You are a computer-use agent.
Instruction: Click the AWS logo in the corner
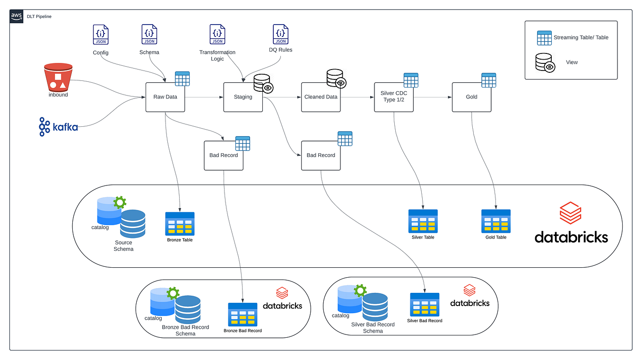(17, 16)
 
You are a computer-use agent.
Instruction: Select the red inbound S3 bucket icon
(58, 78)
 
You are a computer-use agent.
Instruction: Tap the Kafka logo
(58, 127)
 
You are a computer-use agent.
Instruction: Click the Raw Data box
(165, 97)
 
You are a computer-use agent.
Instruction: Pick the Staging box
(243, 97)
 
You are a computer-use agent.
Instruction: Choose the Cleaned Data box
(321, 97)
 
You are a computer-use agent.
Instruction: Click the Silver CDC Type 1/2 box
(393, 97)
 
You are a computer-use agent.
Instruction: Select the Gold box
(471, 97)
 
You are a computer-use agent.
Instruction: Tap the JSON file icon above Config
(101, 35)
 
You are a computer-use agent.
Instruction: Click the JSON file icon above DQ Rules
(280, 35)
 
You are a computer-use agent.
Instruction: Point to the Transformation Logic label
(217, 55)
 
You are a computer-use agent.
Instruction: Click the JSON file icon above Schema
(149, 35)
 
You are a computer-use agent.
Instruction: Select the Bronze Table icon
(180, 223)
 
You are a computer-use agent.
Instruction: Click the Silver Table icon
(423, 221)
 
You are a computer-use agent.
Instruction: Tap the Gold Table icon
(496, 221)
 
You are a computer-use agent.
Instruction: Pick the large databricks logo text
(571, 237)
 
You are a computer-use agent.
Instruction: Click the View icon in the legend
(545, 62)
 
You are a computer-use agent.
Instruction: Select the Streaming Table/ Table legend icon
(544, 38)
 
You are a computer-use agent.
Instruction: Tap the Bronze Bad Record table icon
(243, 314)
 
